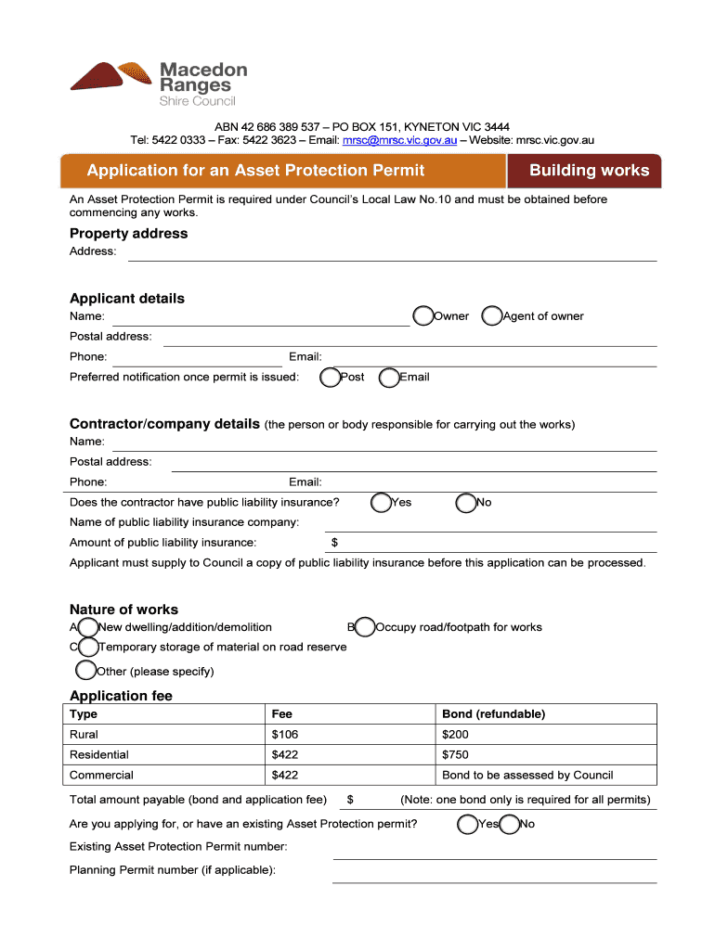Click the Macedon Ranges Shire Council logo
coord(159,83)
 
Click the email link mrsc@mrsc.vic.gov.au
coord(399,140)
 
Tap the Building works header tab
coord(588,171)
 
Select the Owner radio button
coord(423,316)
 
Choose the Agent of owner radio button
coord(492,316)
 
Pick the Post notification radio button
coord(330,378)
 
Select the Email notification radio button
coord(389,378)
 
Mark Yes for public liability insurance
coord(381,503)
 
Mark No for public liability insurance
coord(466,503)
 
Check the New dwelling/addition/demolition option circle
coord(87,628)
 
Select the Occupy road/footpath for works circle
coord(365,628)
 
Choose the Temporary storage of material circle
coord(87,648)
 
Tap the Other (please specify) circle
coord(86,671)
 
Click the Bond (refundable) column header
coord(493,714)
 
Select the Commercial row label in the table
coord(101,776)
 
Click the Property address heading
coord(128,234)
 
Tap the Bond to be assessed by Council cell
coord(527,776)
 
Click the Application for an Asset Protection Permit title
coord(255,171)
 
